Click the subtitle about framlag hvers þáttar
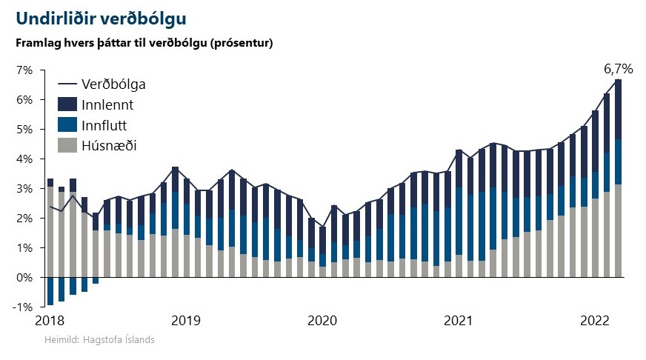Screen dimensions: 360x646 tap(145, 42)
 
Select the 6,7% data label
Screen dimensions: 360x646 tap(618, 69)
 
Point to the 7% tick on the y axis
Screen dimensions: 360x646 tap(24, 70)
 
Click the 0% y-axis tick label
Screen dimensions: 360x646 tap(24, 278)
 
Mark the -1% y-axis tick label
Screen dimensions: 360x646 tap(23, 307)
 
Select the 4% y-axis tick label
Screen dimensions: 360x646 tap(24, 159)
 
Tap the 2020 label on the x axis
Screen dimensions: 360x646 tap(322, 321)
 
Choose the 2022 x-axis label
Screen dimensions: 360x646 tap(594, 321)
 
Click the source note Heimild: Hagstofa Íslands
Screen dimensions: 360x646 tap(99, 340)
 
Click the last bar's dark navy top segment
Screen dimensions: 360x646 tap(618, 109)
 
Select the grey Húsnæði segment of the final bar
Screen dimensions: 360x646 tap(618, 230)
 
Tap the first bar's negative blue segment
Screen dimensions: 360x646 tap(50, 291)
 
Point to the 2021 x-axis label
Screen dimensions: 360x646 tap(458, 321)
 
